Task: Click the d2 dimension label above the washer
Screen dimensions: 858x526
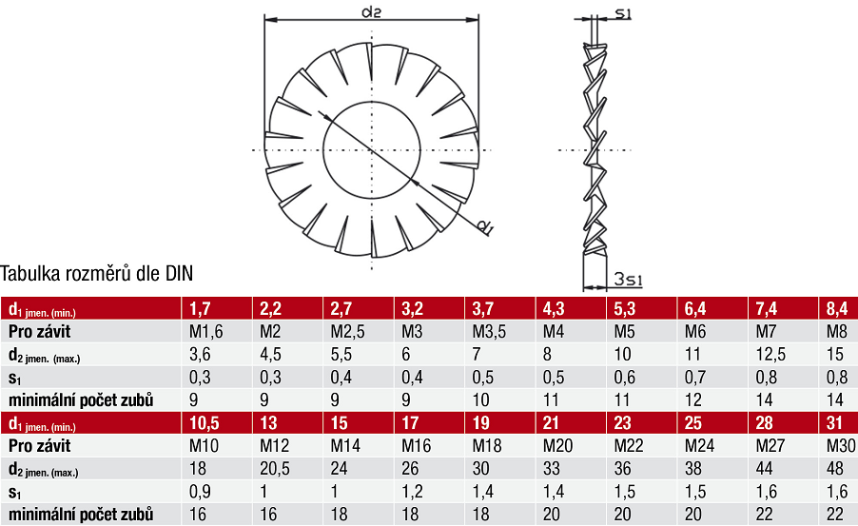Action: (x=372, y=11)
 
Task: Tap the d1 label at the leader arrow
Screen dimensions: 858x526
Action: (x=485, y=226)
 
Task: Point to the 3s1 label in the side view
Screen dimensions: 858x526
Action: (x=628, y=279)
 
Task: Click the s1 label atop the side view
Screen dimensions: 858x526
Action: (x=623, y=13)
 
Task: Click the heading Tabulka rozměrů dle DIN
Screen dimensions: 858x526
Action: (x=97, y=273)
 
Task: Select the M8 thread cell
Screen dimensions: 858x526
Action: (x=837, y=332)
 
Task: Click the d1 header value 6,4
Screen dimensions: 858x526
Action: (x=695, y=309)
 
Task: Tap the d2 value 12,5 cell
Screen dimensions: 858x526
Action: (x=770, y=355)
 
